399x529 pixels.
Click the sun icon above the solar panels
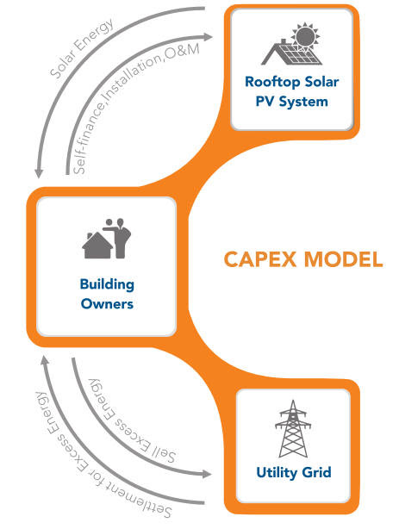click(305, 35)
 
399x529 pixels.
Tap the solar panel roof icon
click(290, 53)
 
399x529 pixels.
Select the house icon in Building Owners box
click(97, 245)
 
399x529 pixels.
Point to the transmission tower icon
click(293, 428)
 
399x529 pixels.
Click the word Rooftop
click(273, 83)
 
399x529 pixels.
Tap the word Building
click(107, 284)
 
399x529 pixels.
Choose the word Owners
click(107, 304)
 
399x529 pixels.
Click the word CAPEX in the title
click(260, 259)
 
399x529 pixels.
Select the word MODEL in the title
click(343, 259)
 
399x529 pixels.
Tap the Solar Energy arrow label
click(82, 47)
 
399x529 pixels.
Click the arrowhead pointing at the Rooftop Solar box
click(208, 37)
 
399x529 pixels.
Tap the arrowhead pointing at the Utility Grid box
click(207, 474)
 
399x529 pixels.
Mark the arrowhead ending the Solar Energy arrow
click(39, 173)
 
